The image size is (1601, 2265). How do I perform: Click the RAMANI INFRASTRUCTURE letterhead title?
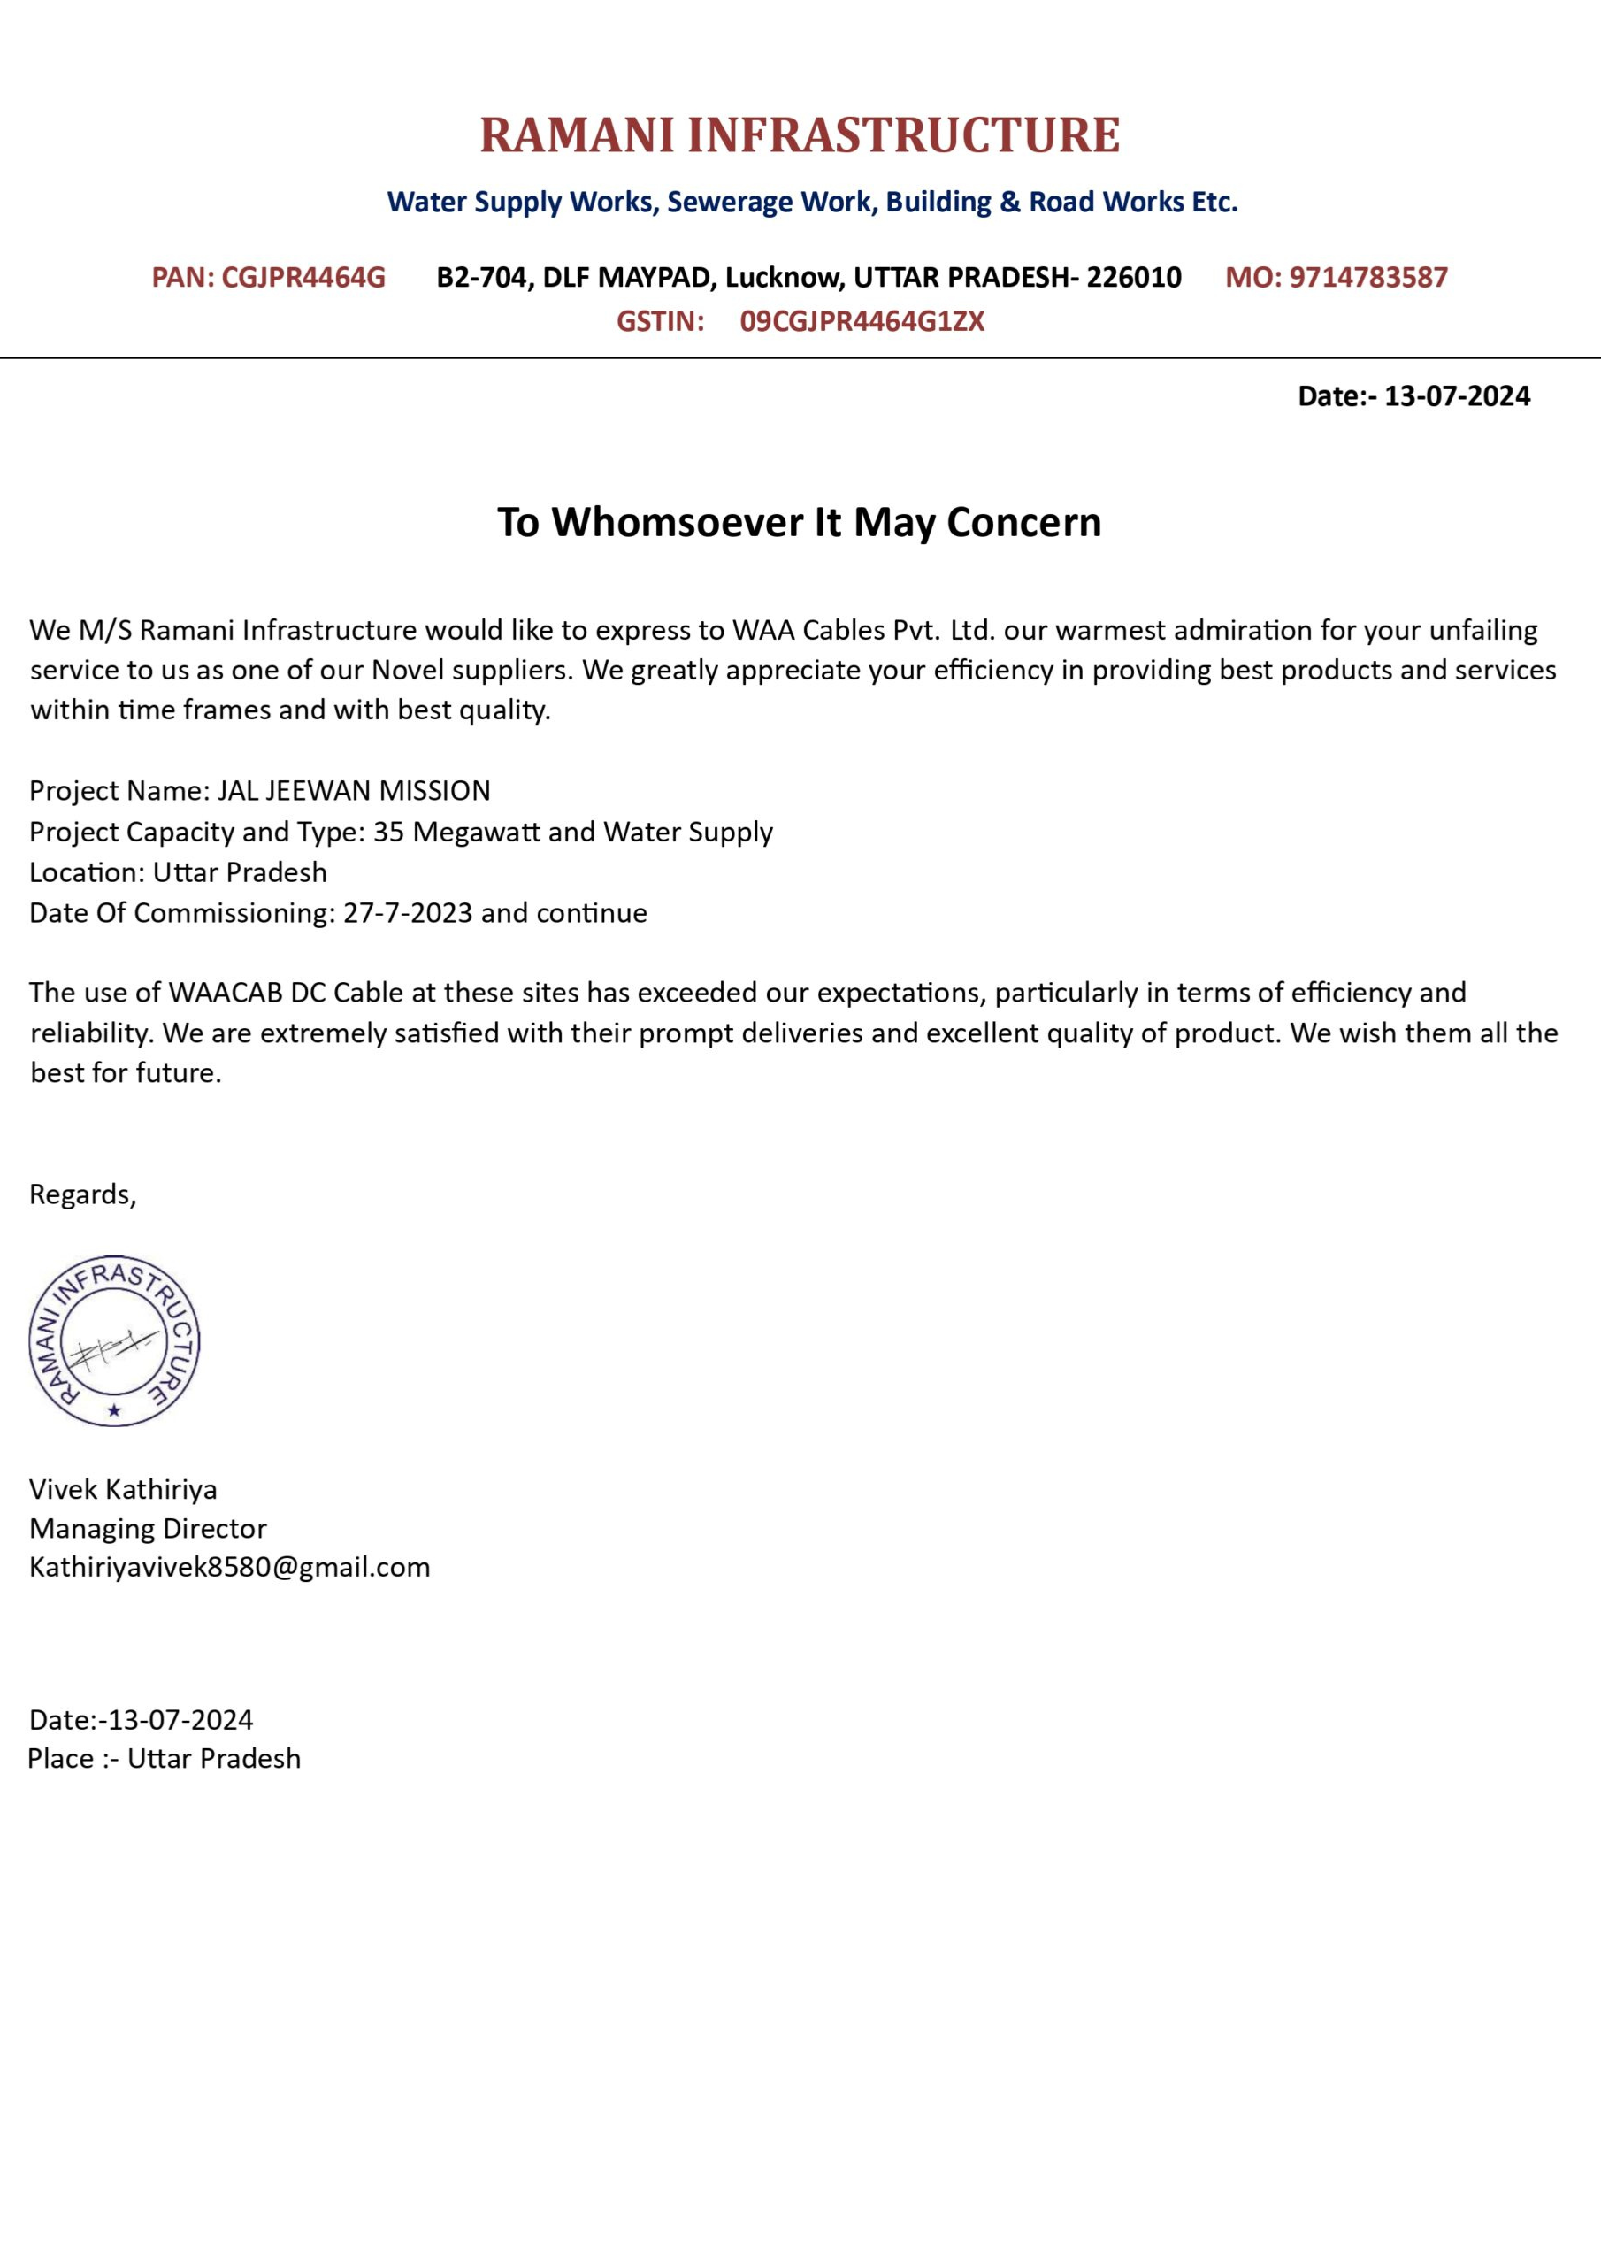coord(799,135)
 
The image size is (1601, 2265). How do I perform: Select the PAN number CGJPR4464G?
coord(303,277)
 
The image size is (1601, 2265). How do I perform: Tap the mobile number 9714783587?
coord(1368,277)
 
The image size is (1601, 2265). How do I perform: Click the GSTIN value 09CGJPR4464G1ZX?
coord(862,321)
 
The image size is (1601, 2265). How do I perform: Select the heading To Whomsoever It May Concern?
coord(799,522)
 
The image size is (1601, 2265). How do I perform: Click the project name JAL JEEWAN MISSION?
coord(353,791)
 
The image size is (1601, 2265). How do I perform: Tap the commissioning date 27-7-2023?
coord(408,913)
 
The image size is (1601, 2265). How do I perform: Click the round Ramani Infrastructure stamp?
coord(114,1340)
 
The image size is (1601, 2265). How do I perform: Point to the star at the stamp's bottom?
coord(114,1410)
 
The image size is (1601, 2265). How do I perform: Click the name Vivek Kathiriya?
coord(123,1489)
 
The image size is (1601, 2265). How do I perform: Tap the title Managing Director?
coord(148,1528)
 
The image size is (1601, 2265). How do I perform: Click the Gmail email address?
coord(230,1567)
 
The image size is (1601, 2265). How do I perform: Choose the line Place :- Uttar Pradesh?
coord(164,1759)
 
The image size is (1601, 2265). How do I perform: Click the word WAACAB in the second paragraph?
coord(225,993)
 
